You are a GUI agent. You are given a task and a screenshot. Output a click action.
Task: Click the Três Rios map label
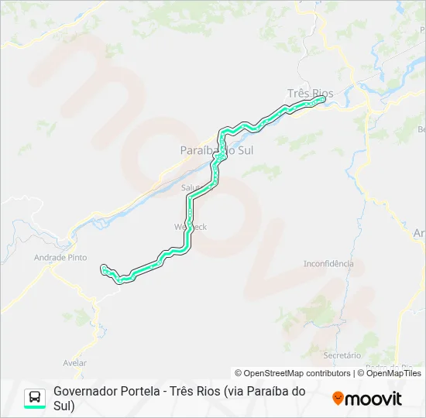(310, 93)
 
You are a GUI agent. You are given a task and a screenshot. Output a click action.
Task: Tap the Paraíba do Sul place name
(216, 149)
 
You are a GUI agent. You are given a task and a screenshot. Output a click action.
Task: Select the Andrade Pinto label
(60, 258)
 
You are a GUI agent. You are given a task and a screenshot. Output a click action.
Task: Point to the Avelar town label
(74, 362)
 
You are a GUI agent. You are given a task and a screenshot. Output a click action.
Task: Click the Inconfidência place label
(328, 263)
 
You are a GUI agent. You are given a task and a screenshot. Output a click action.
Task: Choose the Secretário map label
(342, 355)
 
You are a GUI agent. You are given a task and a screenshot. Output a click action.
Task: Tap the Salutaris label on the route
(191, 187)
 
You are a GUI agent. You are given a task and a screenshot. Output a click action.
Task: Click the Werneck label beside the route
(191, 227)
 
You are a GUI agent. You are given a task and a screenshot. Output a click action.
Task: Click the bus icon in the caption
(35, 398)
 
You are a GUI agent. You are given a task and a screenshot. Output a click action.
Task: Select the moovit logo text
(373, 399)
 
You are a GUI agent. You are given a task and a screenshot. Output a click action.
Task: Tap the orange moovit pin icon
(338, 399)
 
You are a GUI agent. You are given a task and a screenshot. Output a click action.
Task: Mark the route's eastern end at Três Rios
(321, 98)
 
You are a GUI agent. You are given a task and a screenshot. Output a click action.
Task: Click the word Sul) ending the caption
(64, 405)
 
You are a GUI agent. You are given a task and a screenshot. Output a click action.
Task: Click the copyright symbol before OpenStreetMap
(239, 373)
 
